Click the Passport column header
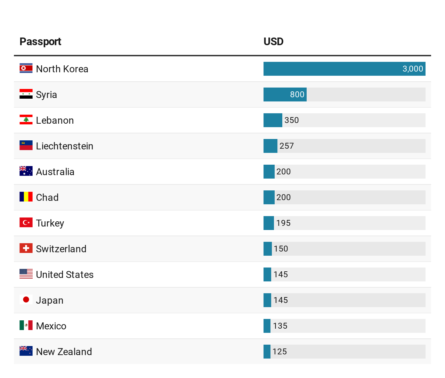[40, 42]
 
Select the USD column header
[273, 42]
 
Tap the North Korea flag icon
[26, 68]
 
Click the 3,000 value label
[413, 69]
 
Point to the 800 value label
[297, 94]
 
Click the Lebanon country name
[55, 120]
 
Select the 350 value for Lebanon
[291, 120]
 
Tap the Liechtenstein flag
[26, 146]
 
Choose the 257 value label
[286, 146]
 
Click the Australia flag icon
[26, 171]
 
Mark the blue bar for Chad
[269, 197]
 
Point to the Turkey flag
[26, 223]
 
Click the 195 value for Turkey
[283, 223]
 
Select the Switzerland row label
[61, 249]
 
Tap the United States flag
[26, 274]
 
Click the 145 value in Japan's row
[281, 300]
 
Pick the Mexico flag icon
[26, 326]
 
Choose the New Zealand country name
[64, 352]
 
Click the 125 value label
[280, 352]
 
